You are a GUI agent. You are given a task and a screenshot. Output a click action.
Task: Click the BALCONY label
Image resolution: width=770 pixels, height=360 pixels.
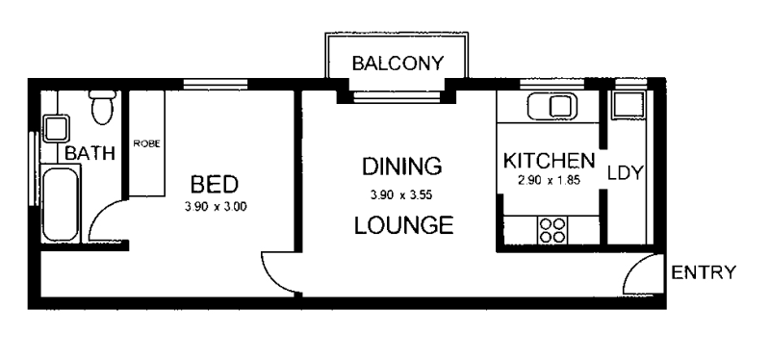click(398, 64)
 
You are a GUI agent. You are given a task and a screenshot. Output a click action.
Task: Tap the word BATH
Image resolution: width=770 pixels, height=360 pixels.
click(90, 153)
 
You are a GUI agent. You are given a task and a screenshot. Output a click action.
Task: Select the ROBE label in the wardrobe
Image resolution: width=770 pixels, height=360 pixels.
click(146, 142)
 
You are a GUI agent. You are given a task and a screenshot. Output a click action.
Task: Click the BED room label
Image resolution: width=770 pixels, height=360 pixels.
click(214, 183)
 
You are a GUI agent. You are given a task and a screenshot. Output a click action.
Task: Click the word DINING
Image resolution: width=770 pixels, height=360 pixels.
click(401, 167)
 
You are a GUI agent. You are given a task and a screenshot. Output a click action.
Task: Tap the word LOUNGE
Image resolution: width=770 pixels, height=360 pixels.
click(402, 227)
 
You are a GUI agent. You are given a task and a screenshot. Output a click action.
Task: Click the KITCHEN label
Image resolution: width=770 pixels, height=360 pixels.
click(549, 160)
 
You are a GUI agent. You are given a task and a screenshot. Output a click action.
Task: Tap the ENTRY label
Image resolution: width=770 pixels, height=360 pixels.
click(704, 271)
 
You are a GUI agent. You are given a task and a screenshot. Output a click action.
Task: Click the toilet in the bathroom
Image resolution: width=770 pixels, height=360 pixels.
click(100, 109)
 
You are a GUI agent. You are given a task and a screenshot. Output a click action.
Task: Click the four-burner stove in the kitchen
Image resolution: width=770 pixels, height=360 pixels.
click(552, 230)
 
